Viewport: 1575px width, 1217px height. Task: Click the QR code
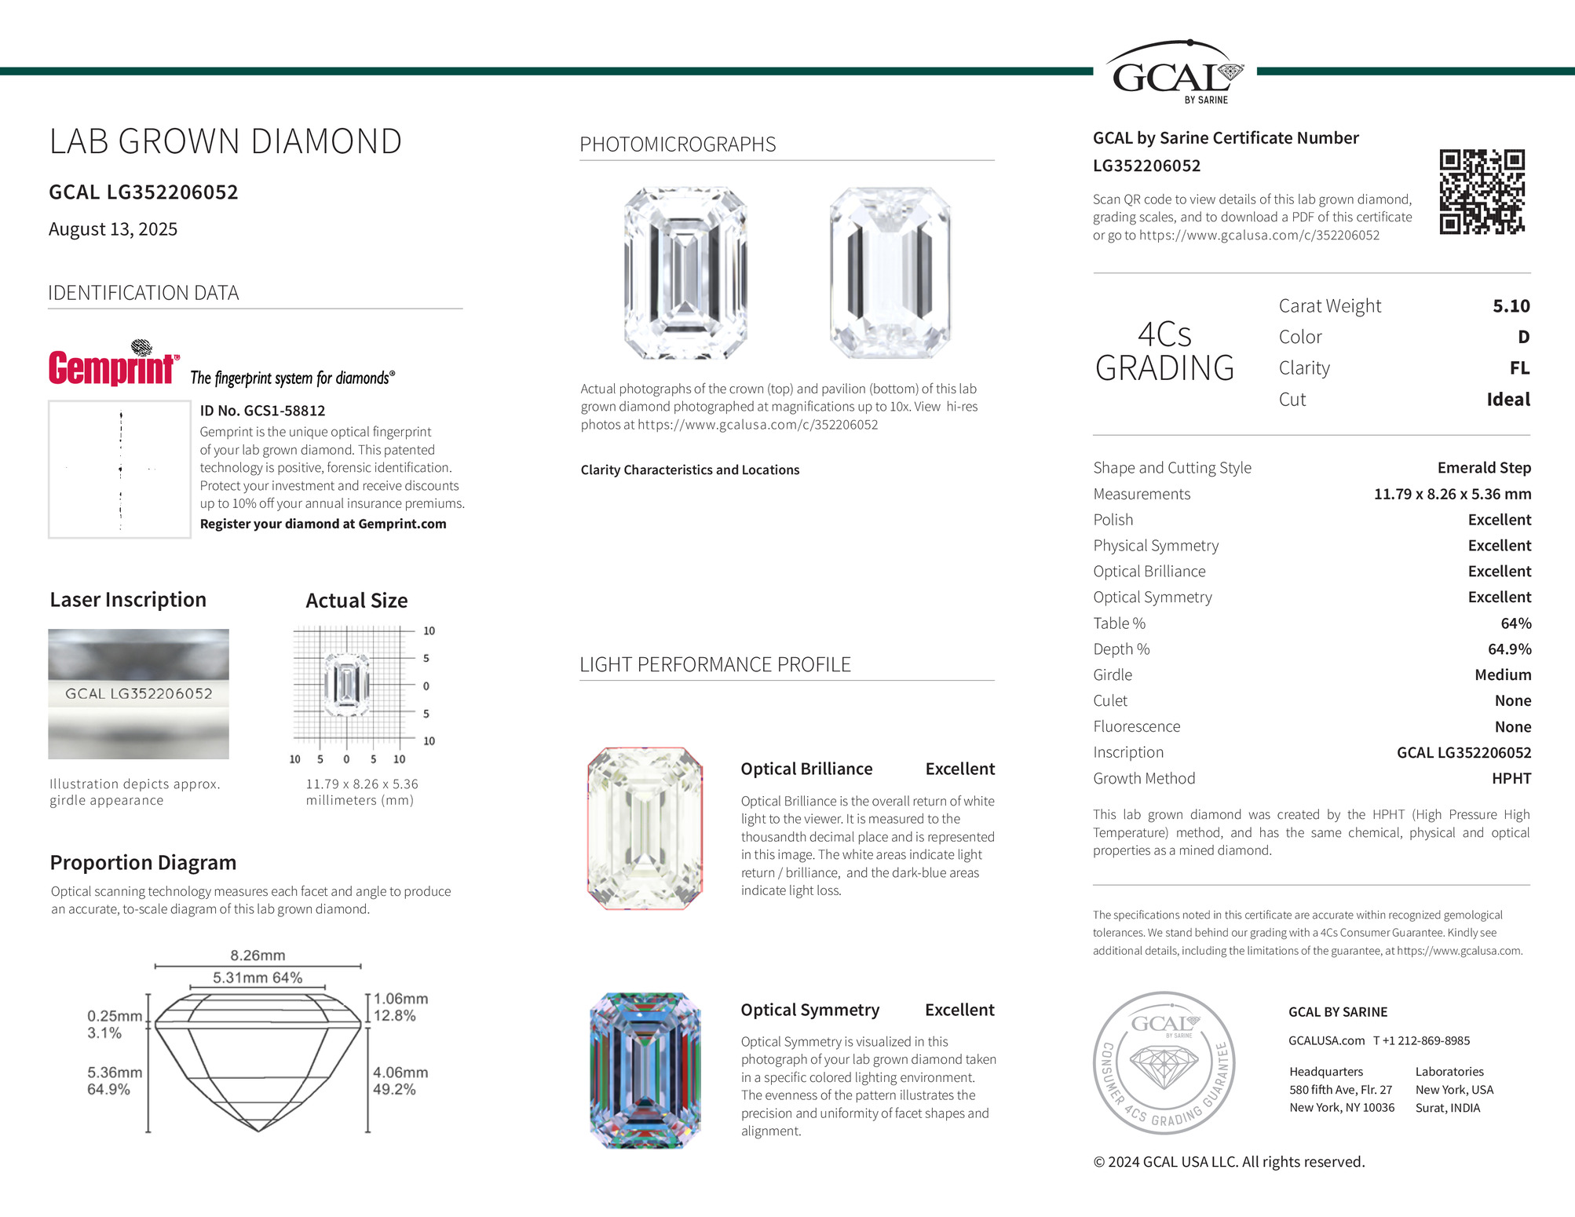(1482, 192)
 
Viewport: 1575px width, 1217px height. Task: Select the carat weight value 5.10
(1511, 306)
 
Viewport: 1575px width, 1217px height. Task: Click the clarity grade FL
(1519, 368)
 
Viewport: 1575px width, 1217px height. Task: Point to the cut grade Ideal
(1507, 400)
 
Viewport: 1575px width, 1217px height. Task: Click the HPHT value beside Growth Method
(1511, 778)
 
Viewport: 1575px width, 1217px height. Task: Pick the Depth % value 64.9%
(1509, 649)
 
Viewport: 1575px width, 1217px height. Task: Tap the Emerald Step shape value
(1483, 468)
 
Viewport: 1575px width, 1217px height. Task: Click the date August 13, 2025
(113, 229)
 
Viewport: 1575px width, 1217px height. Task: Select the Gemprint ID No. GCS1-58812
(262, 411)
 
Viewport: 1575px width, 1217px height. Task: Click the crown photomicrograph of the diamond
(685, 273)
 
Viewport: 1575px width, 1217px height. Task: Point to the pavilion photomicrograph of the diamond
(890, 273)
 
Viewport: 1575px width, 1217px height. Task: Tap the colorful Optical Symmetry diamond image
(645, 1070)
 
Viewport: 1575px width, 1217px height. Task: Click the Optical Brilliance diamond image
(645, 828)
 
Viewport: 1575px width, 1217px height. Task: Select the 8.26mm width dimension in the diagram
(258, 956)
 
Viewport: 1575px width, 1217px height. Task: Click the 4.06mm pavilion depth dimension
(400, 1073)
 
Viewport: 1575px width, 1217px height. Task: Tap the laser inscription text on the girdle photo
(139, 694)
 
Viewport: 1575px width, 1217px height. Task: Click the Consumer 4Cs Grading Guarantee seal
(1164, 1062)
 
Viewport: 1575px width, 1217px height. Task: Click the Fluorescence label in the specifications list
(1136, 727)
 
